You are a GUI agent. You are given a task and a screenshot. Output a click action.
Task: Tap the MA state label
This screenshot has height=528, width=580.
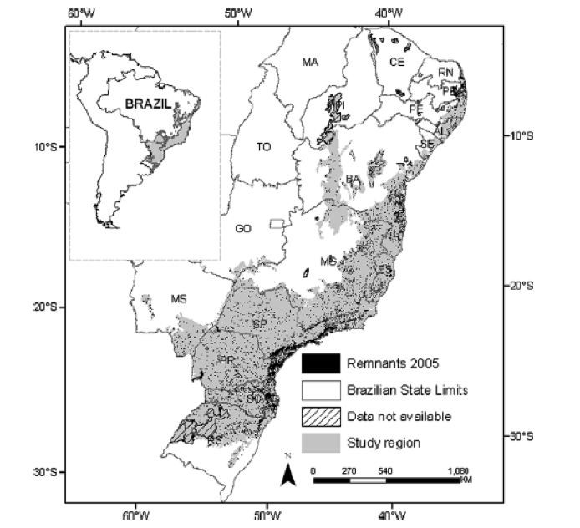(311, 63)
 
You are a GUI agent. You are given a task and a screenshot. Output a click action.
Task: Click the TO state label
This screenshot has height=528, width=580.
(264, 147)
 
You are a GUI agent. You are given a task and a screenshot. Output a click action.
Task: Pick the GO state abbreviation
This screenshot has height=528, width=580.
(243, 228)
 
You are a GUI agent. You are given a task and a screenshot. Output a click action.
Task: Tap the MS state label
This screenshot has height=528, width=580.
(179, 298)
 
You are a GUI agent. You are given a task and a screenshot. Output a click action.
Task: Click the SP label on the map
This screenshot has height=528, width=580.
(260, 323)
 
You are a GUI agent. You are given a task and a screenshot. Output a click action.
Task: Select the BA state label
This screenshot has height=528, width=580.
(354, 179)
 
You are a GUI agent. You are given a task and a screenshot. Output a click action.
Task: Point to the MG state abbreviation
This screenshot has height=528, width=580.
(328, 261)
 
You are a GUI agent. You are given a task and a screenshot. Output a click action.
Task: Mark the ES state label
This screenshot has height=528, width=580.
(385, 270)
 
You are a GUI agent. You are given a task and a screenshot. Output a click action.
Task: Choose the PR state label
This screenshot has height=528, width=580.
(225, 360)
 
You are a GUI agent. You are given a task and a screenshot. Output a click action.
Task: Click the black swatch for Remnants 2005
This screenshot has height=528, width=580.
(321, 363)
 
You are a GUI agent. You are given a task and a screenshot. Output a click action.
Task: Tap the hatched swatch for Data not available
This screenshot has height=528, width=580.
(321, 415)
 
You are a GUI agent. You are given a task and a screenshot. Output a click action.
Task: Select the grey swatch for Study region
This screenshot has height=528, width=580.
(321, 442)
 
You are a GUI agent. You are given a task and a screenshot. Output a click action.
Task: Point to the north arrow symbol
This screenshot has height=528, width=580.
(286, 474)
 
